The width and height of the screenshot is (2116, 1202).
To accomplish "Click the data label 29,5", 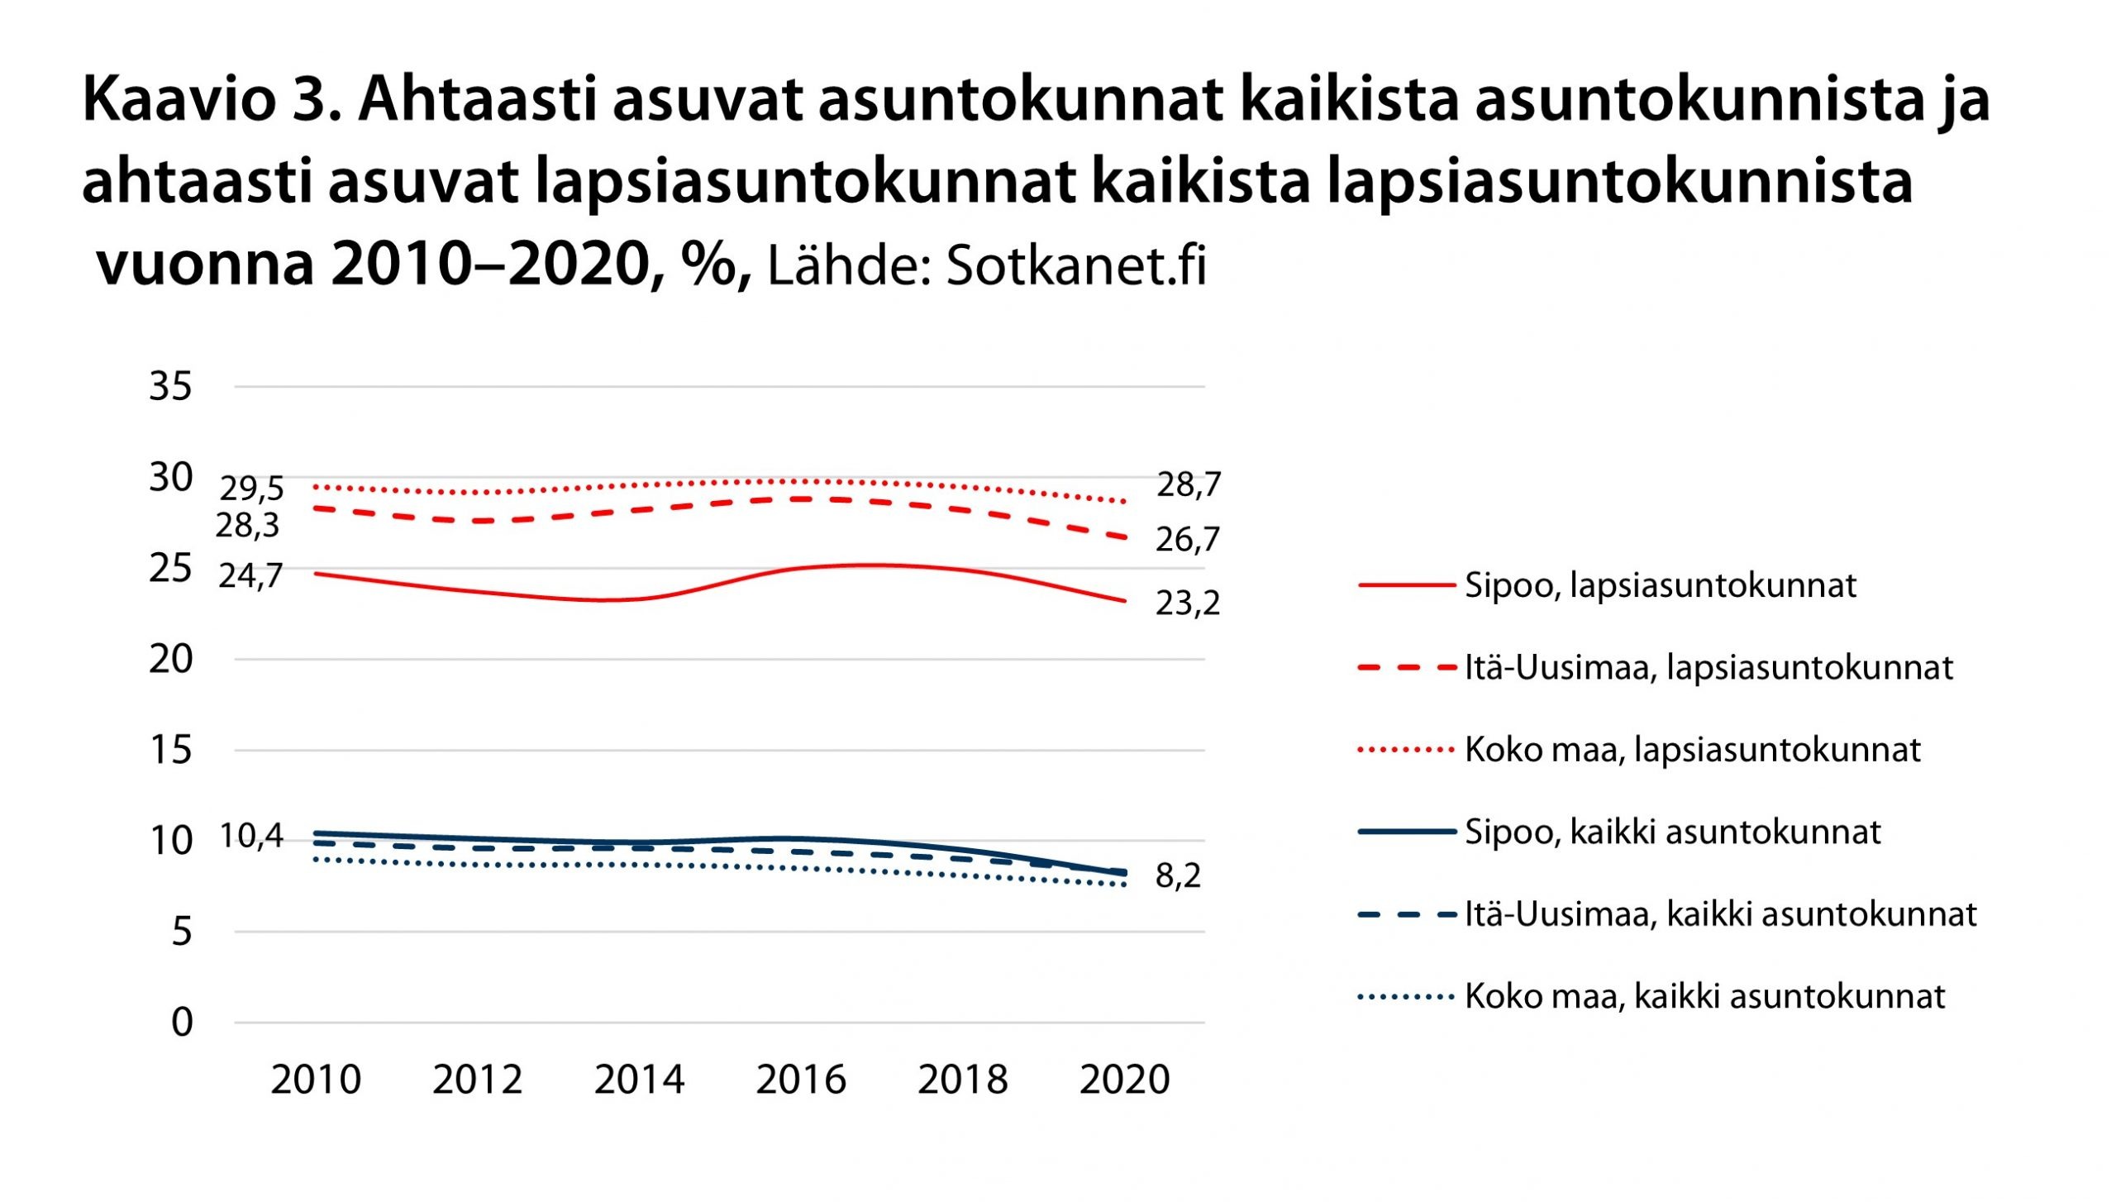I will pos(251,489).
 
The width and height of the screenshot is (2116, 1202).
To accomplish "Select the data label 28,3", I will pos(247,525).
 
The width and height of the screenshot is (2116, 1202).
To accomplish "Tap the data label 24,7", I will pos(250,575).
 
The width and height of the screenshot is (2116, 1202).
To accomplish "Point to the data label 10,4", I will pos(250,837).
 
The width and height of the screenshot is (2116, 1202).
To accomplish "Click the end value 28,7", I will pos(1188,484).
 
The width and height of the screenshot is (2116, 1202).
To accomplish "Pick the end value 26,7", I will pos(1187,540).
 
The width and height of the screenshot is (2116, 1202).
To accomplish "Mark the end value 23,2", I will pos(1187,603).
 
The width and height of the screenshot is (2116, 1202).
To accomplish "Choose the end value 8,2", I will pos(1177,875).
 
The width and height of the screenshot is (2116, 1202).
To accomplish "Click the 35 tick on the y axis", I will pos(170,386).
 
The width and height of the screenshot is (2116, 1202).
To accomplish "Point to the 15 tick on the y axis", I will pos(170,750).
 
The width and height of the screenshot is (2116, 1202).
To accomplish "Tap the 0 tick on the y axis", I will pos(182,1023).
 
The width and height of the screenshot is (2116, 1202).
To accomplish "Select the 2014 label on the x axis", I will pos(639,1080).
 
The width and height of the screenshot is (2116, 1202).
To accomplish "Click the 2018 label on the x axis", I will pos(962,1080).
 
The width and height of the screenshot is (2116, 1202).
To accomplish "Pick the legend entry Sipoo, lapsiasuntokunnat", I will pos(1660,585).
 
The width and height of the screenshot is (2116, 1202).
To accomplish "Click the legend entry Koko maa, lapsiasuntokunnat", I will pos(1692,750).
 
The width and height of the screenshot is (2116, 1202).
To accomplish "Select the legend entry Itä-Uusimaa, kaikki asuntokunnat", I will pos(1720,914).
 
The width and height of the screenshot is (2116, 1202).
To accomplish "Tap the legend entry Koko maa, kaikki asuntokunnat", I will pos(1704,996).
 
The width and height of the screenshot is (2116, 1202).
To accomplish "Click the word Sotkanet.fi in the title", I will pos(1076,266).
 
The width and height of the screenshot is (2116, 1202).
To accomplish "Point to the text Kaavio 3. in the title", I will pos(212,100).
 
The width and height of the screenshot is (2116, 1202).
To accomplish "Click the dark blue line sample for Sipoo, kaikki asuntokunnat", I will pos(1406,832).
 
